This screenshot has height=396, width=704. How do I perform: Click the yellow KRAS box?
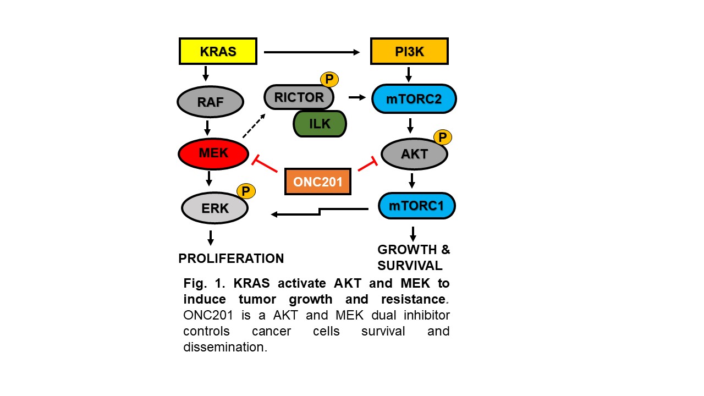(218, 51)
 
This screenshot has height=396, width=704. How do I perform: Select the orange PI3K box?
(409, 51)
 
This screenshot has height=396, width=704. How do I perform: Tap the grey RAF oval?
(210, 102)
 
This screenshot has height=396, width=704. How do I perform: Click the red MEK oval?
(213, 153)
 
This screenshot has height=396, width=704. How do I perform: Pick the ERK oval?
(215, 208)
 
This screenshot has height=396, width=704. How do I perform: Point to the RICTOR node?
(299, 97)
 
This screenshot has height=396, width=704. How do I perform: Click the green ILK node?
(320, 124)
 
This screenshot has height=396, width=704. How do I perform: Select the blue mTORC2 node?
(414, 98)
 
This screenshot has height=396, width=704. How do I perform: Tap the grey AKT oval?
(414, 154)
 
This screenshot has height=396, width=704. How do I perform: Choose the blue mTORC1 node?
(416, 206)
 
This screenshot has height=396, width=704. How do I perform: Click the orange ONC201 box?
(318, 182)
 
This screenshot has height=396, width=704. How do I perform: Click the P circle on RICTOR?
(329, 79)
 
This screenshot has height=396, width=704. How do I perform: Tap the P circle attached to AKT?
(443, 137)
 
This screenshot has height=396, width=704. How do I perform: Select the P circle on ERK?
(246, 191)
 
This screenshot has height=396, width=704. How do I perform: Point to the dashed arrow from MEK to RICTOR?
(254, 126)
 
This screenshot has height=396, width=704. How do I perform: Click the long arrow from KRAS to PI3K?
(312, 52)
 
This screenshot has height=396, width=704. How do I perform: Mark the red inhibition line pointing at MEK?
(265, 164)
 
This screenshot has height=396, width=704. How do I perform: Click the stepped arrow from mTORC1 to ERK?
(320, 212)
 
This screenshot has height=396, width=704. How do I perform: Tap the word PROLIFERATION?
(231, 258)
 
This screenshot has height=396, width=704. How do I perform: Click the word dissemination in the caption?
(225, 347)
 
